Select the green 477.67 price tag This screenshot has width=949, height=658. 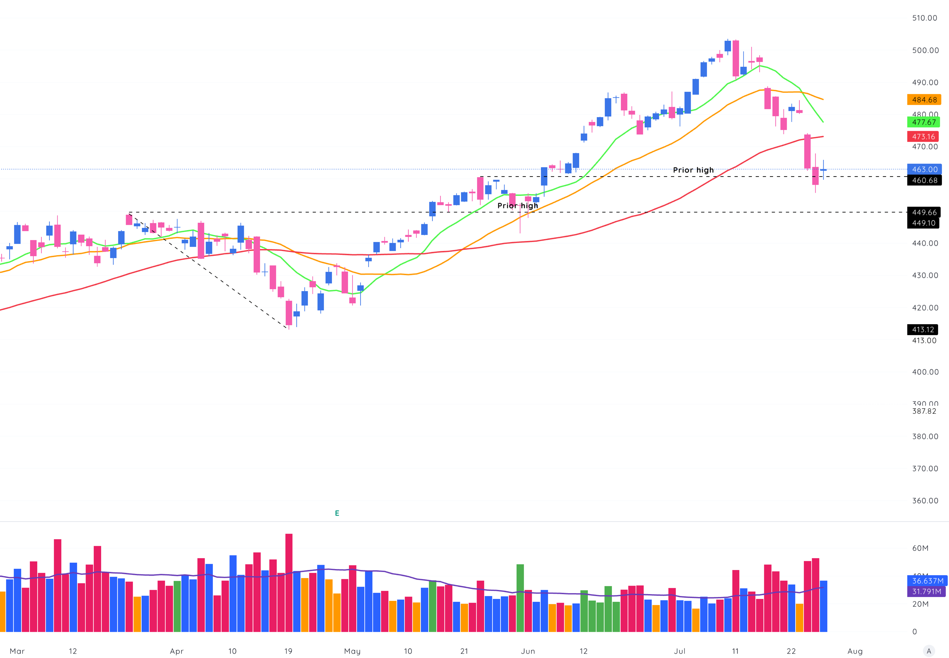pyautogui.click(x=923, y=122)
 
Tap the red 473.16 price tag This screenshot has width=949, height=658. pyautogui.click(x=923, y=136)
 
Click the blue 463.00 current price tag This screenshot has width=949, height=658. pyautogui.click(x=924, y=169)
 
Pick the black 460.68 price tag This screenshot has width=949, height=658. pyautogui.click(x=924, y=180)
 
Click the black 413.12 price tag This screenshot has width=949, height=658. pyautogui.click(x=923, y=329)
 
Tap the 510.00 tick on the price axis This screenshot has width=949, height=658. pyautogui.click(x=924, y=18)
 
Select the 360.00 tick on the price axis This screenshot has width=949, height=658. pyautogui.click(x=925, y=500)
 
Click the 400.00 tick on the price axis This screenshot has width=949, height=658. pyautogui.click(x=925, y=372)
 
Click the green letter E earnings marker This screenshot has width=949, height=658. pyautogui.click(x=337, y=513)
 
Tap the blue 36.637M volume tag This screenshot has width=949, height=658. pyautogui.click(x=927, y=580)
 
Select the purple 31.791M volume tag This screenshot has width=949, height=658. pyautogui.click(x=926, y=591)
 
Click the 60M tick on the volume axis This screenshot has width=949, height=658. pyautogui.click(x=920, y=548)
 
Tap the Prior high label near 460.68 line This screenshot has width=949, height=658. pyautogui.click(x=693, y=170)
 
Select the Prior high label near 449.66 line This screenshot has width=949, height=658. pyautogui.click(x=517, y=205)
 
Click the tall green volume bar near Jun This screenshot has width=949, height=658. pyautogui.click(x=520, y=598)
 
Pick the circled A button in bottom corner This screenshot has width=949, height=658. pyautogui.click(x=928, y=651)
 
